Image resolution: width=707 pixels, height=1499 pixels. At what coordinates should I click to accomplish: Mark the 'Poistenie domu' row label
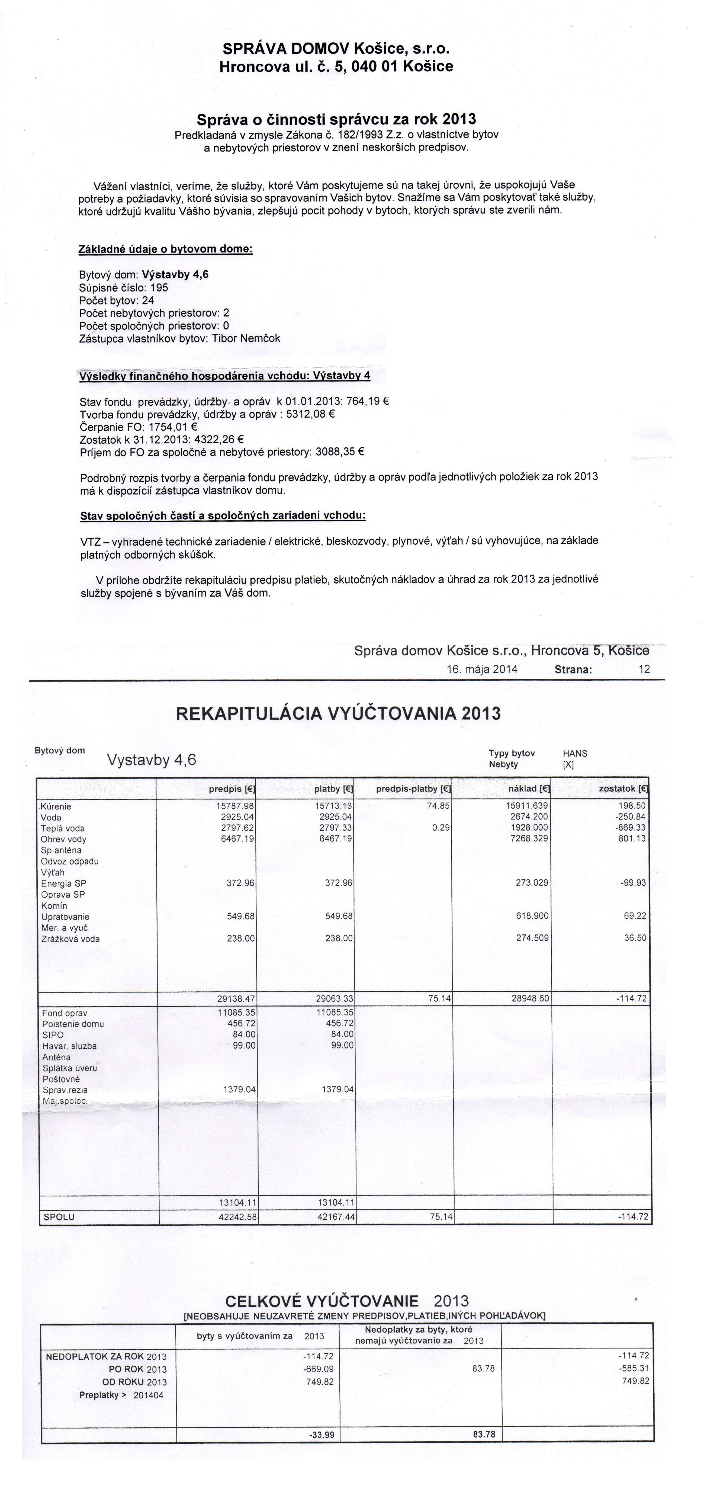click(x=73, y=1024)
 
